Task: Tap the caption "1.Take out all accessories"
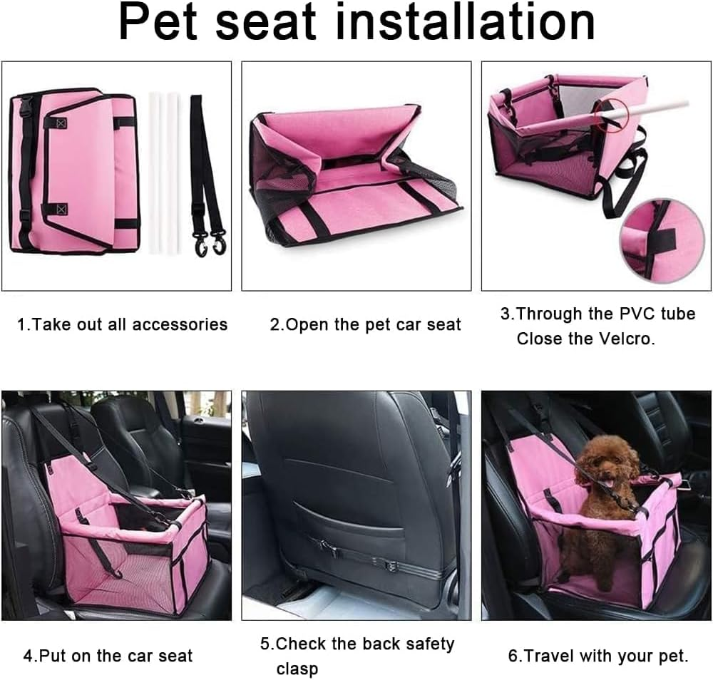(x=122, y=325)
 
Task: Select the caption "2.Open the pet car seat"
(x=365, y=325)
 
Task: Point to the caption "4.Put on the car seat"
(x=108, y=656)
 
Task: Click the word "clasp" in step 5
(x=297, y=669)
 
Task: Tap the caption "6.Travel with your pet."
(x=597, y=656)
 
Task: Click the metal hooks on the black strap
(x=209, y=242)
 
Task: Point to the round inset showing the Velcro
(x=652, y=239)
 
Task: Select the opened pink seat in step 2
(x=353, y=178)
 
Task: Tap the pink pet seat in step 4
(x=128, y=549)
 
